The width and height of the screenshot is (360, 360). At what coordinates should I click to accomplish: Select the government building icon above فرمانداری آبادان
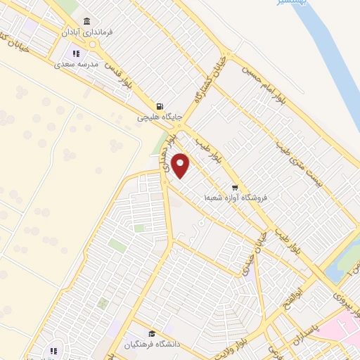click(86, 21)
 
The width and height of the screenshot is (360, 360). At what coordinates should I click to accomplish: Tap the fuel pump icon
click(160, 107)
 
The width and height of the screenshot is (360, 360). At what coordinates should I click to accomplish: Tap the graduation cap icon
click(151, 334)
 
